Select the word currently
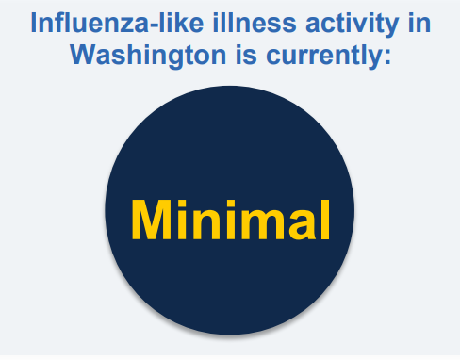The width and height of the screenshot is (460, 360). coord(316,56)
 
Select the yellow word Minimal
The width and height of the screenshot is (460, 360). coord(230,220)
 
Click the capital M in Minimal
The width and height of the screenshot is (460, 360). coord(153,220)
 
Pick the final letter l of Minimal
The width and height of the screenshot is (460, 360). coord(325,219)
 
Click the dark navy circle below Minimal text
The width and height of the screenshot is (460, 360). coord(230,292)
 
